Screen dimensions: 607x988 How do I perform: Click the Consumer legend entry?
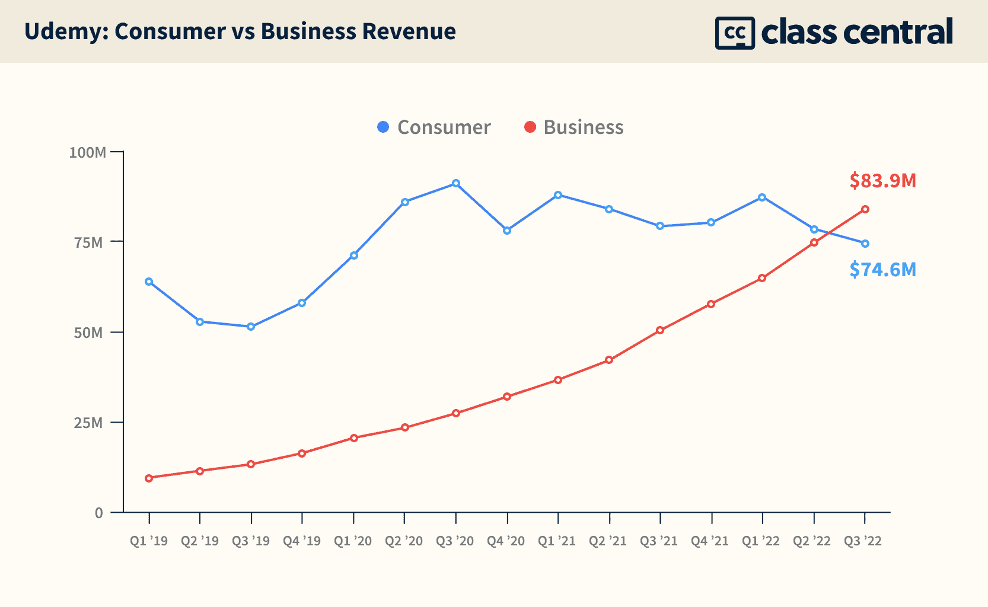434,127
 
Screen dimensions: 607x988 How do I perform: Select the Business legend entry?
574,127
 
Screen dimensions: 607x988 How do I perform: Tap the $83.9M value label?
882,180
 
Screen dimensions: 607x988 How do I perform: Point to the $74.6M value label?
882,270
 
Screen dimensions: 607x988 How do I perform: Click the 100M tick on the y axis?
88,152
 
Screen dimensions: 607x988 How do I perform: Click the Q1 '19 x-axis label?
149,541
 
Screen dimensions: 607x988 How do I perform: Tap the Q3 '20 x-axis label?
455,541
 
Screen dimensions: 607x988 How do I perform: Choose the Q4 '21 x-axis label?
710,541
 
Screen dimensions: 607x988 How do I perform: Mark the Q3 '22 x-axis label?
863,541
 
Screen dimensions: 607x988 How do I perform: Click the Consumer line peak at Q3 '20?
456,184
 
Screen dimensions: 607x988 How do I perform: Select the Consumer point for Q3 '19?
251,327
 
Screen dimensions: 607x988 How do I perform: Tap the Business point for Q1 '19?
149,478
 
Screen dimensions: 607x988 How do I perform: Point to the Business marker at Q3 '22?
865,209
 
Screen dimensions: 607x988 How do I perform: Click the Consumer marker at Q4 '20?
507,231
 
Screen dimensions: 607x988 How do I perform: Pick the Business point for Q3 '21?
660,330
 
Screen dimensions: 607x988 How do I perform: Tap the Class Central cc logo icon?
734,33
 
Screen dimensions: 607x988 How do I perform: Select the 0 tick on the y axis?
99,513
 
